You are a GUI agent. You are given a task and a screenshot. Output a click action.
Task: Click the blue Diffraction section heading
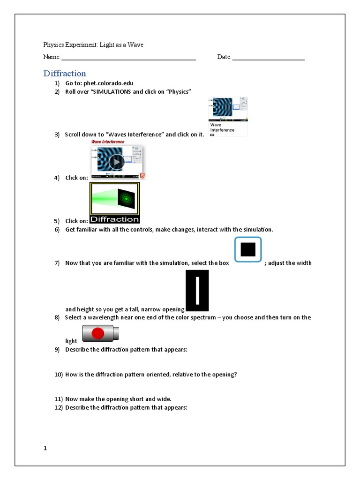(65, 74)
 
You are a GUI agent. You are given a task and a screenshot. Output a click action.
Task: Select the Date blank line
(268, 58)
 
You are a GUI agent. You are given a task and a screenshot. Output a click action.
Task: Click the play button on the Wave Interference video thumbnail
(116, 162)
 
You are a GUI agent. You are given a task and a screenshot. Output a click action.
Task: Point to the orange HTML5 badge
(142, 176)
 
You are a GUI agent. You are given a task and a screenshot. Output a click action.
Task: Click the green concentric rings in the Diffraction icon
(126, 199)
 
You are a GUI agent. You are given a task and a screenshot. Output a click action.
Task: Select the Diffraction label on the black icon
(114, 219)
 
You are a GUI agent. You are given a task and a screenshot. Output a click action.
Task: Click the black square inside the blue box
(247, 249)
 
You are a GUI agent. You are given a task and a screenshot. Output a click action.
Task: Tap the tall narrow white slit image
(197, 291)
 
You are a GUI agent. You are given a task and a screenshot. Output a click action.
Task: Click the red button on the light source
(98, 334)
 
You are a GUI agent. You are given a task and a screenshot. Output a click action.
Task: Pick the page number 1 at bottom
(45, 448)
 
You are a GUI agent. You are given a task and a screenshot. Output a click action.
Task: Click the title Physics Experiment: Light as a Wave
(93, 45)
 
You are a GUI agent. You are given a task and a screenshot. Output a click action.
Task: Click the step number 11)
(58, 399)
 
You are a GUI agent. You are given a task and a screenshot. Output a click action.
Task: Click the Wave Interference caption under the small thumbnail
(222, 127)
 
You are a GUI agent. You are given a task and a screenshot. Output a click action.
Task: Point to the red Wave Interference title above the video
(108, 142)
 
